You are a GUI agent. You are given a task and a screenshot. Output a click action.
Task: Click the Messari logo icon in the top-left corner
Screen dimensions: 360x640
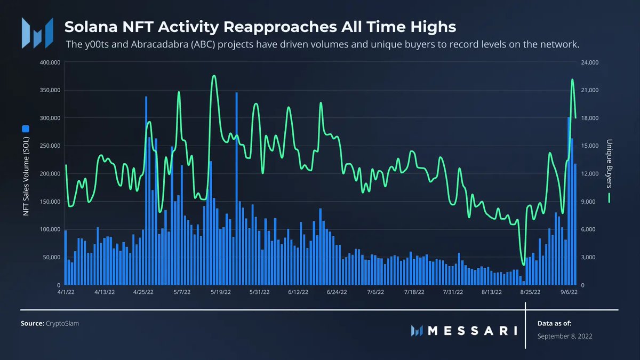[37, 32]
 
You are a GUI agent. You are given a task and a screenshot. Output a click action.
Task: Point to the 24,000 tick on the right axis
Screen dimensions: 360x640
[590, 62]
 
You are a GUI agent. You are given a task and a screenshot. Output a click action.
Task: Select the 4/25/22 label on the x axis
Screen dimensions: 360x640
[143, 292]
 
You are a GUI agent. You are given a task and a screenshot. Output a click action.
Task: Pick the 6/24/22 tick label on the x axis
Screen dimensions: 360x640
[337, 292]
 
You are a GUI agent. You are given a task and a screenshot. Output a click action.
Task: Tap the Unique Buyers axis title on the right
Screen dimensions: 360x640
[609, 164]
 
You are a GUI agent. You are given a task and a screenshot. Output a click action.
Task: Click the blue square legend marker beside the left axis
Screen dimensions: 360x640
[25, 129]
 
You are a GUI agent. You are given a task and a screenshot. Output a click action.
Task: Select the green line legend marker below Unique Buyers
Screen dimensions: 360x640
[609, 198]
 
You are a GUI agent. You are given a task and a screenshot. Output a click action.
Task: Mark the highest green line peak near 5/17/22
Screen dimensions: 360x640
[214, 76]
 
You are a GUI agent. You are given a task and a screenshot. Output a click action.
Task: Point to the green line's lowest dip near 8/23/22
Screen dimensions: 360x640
[524, 265]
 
